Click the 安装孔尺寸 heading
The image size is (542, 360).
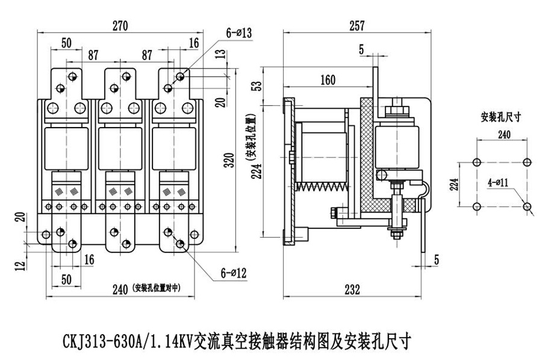[x=502, y=117]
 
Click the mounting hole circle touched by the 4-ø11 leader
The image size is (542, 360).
[x=528, y=206]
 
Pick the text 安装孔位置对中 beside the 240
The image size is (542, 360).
[x=156, y=288]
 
